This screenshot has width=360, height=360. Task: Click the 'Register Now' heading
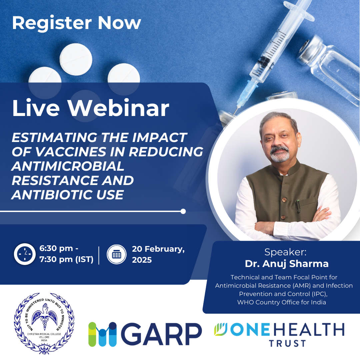[76, 23]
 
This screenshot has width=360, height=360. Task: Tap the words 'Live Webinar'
[90, 108]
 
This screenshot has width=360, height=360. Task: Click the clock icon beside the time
[25, 254]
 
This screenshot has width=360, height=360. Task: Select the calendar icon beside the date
[116, 254]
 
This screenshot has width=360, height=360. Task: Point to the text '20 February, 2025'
[158, 254]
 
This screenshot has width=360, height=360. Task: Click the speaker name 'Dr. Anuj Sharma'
[287, 264]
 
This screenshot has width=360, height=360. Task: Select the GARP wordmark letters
[164, 334]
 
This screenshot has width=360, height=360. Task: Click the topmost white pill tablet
[76, 59]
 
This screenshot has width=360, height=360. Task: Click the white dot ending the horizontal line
[183, 211]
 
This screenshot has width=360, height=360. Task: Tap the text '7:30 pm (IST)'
[66, 259]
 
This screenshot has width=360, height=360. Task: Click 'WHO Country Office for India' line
[282, 302]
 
